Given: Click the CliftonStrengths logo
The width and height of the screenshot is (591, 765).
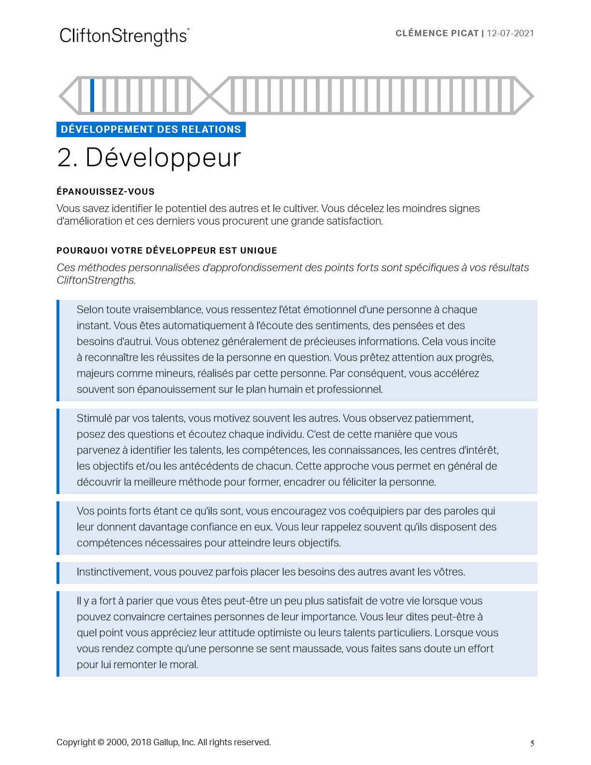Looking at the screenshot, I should [x=124, y=36].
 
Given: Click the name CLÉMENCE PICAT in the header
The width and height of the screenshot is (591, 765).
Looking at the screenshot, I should [x=437, y=33].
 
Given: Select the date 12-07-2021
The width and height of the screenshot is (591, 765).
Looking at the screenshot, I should [x=510, y=33].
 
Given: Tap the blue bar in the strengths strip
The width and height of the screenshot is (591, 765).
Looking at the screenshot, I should [x=92, y=95].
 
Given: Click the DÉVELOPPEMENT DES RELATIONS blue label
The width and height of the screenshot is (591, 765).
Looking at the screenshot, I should [x=151, y=129].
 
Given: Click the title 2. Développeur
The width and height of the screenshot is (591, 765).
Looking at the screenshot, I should [x=149, y=158].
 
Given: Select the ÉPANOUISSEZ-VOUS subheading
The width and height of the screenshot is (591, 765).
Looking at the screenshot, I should [x=105, y=192].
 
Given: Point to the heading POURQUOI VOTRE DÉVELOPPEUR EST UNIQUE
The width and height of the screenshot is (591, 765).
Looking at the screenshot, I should [x=167, y=251].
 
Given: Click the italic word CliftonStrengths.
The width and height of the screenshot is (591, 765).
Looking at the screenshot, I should [x=96, y=280].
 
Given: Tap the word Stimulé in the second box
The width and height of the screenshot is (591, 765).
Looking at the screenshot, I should [x=94, y=418].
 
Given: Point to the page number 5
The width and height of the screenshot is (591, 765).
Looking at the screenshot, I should [x=532, y=743].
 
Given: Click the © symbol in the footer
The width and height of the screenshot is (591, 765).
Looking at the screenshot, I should [x=101, y=742].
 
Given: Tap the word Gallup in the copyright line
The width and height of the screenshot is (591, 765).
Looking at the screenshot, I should [x=166, y=742].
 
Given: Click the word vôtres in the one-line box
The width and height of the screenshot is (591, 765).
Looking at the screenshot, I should [x=450, y=572].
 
